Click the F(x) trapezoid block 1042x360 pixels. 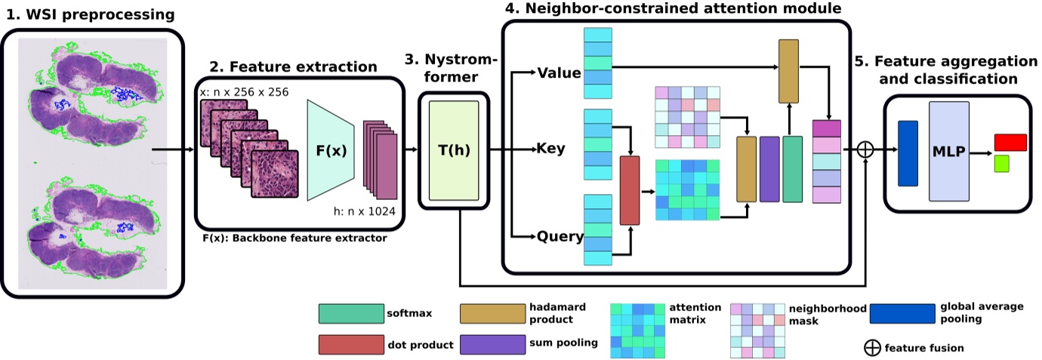331,149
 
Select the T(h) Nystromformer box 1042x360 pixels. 453,149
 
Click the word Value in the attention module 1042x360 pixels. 559,73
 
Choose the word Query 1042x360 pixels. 560,237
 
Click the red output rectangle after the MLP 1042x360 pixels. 1010,143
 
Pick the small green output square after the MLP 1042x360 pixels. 1002,163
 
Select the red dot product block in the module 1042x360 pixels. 629,190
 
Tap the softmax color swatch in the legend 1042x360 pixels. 350,313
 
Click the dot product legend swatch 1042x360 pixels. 350,343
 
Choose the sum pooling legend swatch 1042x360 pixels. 492,343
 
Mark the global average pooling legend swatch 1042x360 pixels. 902,313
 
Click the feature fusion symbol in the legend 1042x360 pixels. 872,348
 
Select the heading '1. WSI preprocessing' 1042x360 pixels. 89,14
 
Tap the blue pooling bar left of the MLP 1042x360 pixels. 907,153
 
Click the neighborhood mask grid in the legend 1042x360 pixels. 757,331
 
